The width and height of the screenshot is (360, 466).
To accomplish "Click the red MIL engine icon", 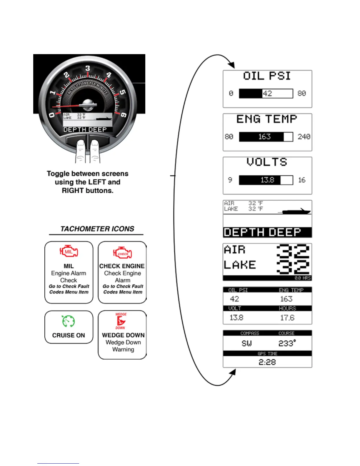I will coord(69,252).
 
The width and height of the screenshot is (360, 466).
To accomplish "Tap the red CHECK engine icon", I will coord(122,253).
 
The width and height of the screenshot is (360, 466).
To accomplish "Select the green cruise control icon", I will coord(69,321).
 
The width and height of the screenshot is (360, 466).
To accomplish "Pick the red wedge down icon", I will coord(121,321).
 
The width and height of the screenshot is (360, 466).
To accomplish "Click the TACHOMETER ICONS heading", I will coord(97,229).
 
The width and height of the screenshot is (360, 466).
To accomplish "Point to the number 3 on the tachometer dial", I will coord(88,69).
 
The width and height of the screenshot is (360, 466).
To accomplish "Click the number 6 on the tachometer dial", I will coord(124,115).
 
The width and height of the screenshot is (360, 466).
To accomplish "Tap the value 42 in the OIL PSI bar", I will coord(267,94).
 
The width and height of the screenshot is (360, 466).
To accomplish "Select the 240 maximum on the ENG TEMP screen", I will coord(304,137).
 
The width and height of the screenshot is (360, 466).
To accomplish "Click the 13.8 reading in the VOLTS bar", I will coord(267,180).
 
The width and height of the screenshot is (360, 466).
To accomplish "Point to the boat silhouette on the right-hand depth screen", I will coord(296,212).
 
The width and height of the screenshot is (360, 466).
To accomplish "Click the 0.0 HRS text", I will coord(302,278).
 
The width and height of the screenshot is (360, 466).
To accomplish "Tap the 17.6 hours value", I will coord(287,318).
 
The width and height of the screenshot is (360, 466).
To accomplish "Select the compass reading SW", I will coord(246,343).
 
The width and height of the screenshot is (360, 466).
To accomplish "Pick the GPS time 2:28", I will coord(267,362).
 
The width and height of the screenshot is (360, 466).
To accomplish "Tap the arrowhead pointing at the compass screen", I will coord(232,373).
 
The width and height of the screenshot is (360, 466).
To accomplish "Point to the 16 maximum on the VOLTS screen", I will coord(302,180).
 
